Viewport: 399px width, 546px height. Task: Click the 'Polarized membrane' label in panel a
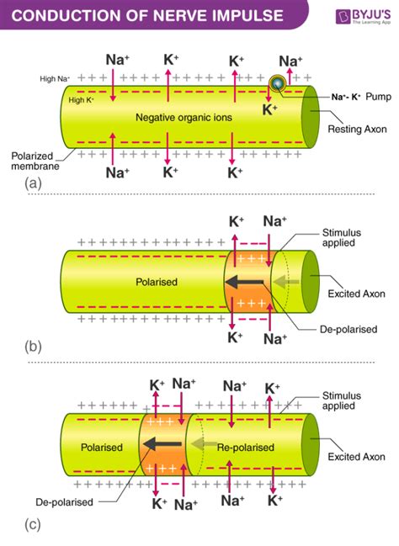pyautogui.click(x=34, y=162)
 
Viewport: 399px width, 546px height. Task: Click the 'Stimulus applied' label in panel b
pyautogui.click(x=343, y=239)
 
